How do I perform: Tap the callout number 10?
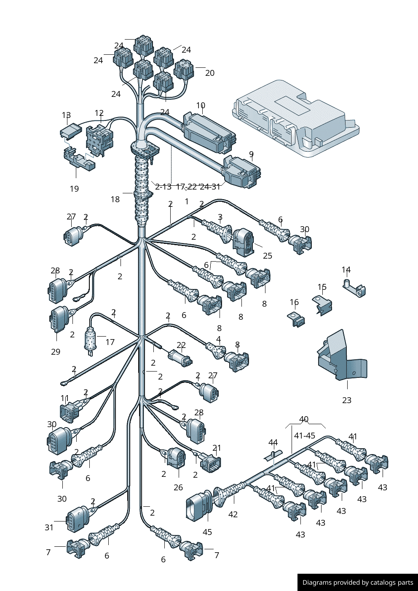coord(201,106)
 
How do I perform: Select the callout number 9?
coord(251,155)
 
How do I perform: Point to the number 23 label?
coord(347,400)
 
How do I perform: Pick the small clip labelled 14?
coord(355,289)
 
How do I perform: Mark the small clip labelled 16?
coord(297,319)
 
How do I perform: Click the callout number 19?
coord(74,189)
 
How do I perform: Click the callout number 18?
coord(115,199)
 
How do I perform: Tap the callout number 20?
coord(210,73)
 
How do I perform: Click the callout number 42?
coord(233,514)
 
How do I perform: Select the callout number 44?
coord(273,443)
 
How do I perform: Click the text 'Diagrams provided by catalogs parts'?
coord(358,583)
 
